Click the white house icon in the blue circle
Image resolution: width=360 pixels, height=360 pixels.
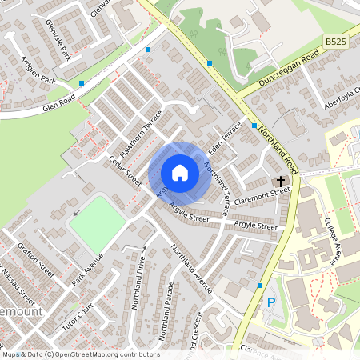180,172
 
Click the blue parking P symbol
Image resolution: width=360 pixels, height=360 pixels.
270,302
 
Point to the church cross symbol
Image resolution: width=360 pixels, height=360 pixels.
282,181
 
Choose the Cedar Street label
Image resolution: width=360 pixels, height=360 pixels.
124,170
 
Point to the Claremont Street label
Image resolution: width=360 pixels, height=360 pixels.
268,192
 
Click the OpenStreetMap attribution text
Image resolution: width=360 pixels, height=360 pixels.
80,354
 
